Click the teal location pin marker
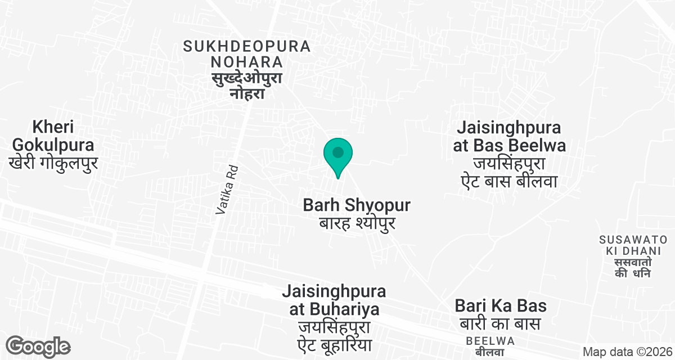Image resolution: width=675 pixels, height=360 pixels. (338, 155)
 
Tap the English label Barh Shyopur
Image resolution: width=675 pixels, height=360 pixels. (357, 205)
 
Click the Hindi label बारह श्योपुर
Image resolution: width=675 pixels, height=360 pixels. (357, 223)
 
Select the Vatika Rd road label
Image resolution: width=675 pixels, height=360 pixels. (227, 190)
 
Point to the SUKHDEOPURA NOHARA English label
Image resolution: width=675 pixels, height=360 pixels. (247, 53)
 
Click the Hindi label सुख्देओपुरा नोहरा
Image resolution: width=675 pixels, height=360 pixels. (247, 85)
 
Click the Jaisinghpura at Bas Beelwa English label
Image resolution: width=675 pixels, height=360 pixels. (509, 137)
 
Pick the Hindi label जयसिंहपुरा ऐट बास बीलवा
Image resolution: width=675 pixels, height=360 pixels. (509, 173)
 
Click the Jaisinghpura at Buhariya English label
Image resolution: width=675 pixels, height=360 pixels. (334, 300)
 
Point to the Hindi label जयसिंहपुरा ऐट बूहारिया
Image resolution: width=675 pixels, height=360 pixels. (334, 335)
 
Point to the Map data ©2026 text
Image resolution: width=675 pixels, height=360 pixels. (627, 352)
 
